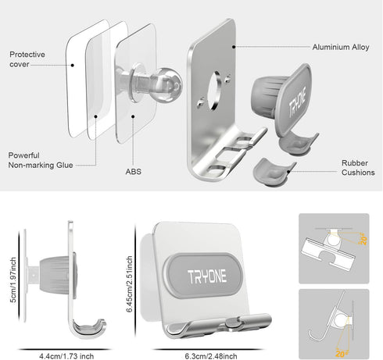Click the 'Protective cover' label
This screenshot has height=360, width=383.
(x=27, y=59)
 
